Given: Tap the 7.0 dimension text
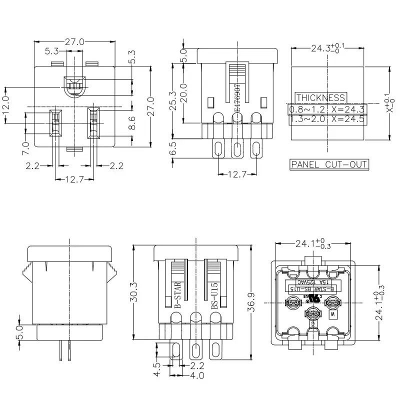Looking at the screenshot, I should (26, 147).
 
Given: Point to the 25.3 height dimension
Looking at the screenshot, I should (173, 101).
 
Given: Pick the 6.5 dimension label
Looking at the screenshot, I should (173, 149).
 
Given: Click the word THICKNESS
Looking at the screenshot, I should (320, 98).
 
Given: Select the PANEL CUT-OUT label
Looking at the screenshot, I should (329, 164).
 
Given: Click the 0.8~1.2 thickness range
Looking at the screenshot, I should (306, 108).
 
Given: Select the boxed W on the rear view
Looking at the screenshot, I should (331, 315).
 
